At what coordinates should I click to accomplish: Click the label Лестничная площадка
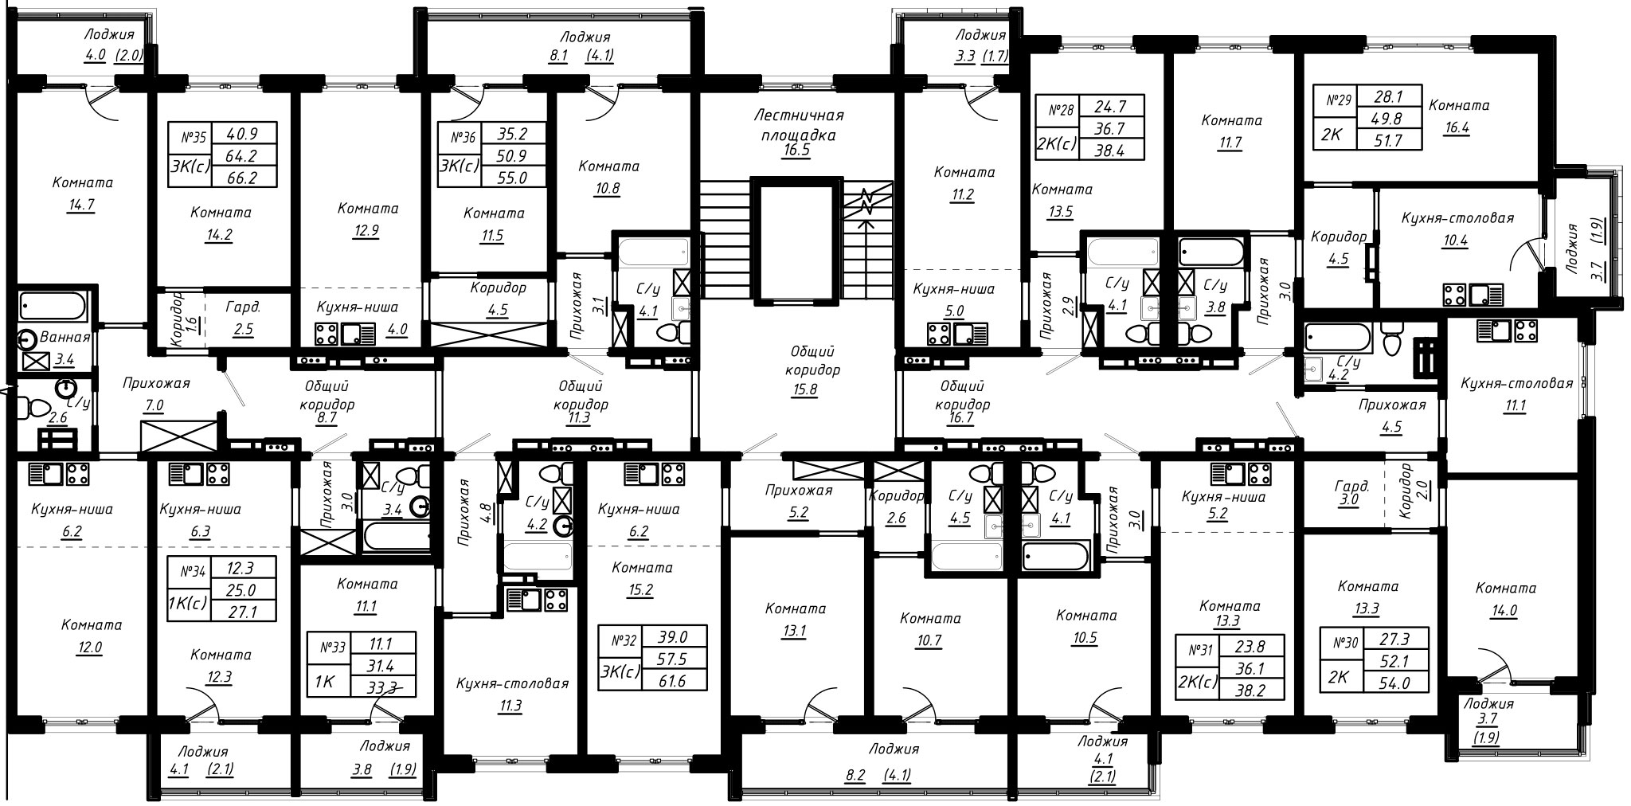pos(798,125)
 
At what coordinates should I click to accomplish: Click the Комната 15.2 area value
pos(639,590)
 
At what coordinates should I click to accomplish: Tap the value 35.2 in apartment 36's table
pos(500,135)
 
